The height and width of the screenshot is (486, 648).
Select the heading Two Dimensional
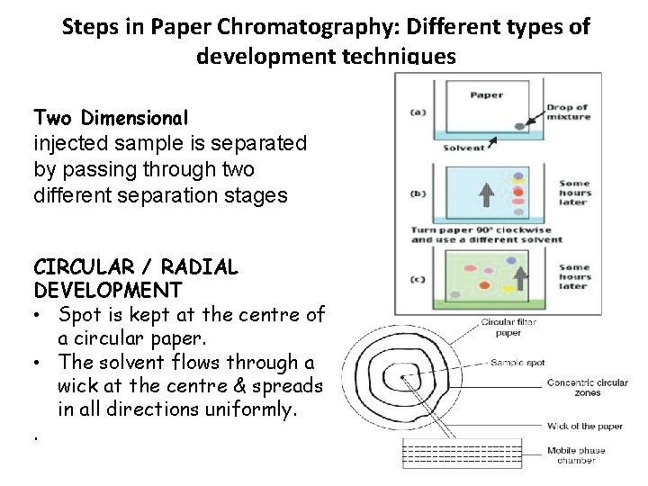tap(111, 118)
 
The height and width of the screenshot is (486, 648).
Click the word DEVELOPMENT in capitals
tap(107, 291)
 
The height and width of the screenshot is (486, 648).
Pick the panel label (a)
tap(418, 112)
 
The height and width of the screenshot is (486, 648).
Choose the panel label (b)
tap(418, 193)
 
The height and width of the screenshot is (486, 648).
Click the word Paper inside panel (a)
tap(487, 95)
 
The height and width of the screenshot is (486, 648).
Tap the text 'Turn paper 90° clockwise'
tap(468, 229)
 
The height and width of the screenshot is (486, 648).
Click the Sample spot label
tap(518, 363)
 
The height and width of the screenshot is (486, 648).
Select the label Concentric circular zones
tap(588, 388)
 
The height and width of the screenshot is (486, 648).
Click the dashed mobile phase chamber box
tap(462, 454)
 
